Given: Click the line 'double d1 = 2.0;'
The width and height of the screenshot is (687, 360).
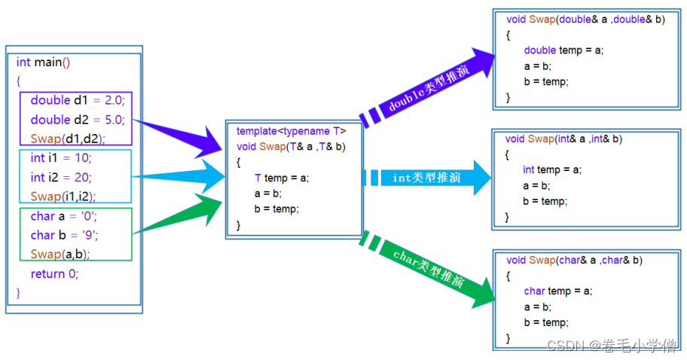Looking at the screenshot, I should (78, 100).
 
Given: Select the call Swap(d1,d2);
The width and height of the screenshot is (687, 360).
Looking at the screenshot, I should (68, 139).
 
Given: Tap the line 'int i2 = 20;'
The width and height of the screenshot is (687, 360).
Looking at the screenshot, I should (62, 178).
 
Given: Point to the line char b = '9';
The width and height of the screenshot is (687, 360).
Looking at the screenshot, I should (65, 235).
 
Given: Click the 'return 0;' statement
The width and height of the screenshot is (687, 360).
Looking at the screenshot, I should (54, 274).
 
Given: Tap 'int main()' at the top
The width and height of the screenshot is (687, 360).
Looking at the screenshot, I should (43, 63).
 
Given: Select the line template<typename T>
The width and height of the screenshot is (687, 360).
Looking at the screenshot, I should (291, 131).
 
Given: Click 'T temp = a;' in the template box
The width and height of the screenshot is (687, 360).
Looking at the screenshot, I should (282, 178).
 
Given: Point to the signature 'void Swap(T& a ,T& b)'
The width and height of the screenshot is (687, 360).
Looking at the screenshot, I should (291, 146).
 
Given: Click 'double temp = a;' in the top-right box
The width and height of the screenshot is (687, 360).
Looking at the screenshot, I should (563, 50).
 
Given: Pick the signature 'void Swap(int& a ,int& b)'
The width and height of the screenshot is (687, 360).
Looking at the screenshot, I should (563, 139).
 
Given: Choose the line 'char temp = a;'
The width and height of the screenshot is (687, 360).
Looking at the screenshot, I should (557, 291).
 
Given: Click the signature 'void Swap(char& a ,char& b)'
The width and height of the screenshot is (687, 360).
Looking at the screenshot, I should (574, 261).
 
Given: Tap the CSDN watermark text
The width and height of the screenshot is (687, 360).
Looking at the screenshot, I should (611, 346).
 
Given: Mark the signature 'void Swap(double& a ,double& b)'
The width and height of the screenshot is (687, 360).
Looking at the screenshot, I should (585, 20).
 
